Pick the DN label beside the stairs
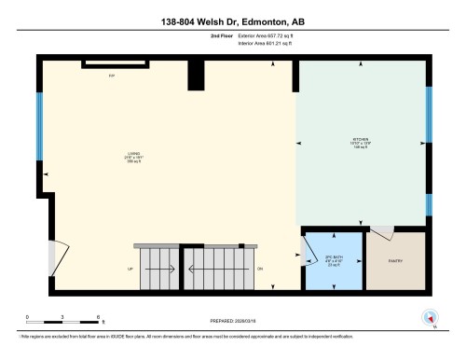261,269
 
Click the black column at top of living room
196,76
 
